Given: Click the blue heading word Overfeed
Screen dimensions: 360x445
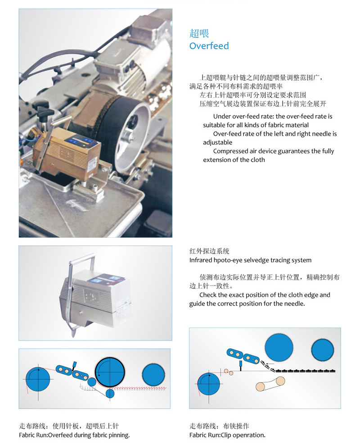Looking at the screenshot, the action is coord(209,46).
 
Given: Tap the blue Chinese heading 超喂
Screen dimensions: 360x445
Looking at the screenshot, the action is coord(199,33).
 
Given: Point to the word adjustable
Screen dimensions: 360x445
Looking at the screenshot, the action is coord(217,142).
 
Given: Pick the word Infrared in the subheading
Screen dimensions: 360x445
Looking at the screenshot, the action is coord(201,260).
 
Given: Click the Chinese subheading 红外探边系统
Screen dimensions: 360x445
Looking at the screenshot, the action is coord(209,251).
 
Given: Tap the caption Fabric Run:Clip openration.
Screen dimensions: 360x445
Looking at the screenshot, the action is coord(227,435).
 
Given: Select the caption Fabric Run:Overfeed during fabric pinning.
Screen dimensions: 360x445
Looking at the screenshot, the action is coord(74,435).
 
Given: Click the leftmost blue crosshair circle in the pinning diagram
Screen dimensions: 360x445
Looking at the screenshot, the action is coord(38,379).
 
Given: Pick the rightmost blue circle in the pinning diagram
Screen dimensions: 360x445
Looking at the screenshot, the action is coord(153,375).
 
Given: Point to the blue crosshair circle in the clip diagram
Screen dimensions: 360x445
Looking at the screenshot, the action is coord(209,384).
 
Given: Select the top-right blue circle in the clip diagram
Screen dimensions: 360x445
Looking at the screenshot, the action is coord(323,350).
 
